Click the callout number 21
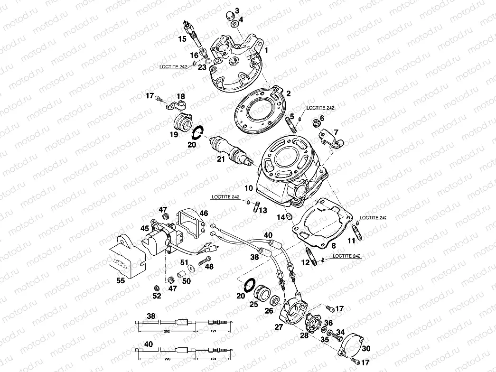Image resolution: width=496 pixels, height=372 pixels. click(220, 159)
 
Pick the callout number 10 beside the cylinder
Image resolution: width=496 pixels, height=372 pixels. click(249, 188)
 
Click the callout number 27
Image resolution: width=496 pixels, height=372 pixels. click(279, 326)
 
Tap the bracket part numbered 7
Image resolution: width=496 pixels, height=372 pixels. click(331, 138)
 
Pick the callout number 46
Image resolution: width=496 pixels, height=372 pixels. click(204, 213)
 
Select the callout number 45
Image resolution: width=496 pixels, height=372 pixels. click(144, 228)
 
